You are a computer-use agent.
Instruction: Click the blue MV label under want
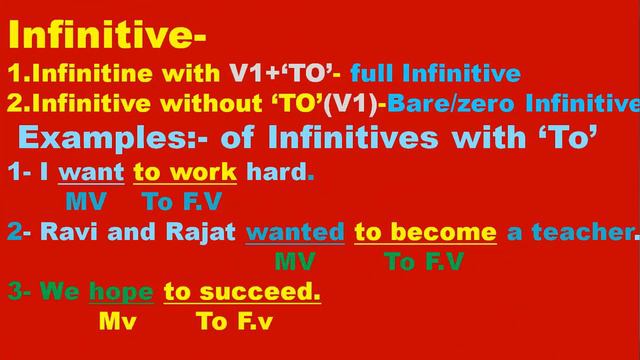click(86, 202)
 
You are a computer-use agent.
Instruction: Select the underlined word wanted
click(295, 234)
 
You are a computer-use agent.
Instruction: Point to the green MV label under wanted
click(295, 263)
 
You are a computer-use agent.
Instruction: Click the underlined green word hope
click(120, 293)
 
